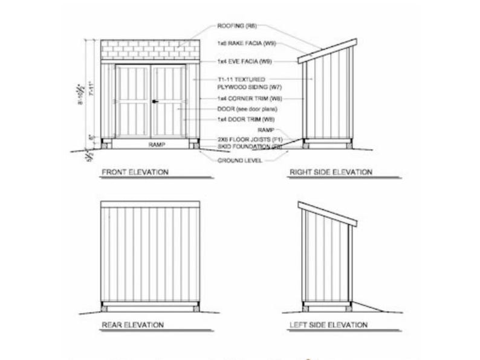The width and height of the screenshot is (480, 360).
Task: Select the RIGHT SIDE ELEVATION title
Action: coord(330,172)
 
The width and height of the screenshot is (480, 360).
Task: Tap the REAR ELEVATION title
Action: coord(132,325)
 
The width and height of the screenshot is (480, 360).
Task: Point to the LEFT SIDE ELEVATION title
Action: coord(328,325)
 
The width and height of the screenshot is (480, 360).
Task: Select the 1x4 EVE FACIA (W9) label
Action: coord(244,62)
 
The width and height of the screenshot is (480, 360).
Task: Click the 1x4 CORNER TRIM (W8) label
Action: coord(248,98)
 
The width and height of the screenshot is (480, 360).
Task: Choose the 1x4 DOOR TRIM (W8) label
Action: coord(245,120)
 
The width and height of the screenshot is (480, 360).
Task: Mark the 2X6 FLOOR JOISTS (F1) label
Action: coord(250,140)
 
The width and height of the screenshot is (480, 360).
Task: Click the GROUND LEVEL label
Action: coord(240,160)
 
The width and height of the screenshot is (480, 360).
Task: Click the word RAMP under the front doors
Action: coord(151,145)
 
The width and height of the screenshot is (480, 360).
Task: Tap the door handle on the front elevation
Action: coord(154,101)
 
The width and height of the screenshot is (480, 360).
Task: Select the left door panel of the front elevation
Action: coord(133,101)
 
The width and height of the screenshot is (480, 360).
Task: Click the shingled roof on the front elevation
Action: coord(151,50)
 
